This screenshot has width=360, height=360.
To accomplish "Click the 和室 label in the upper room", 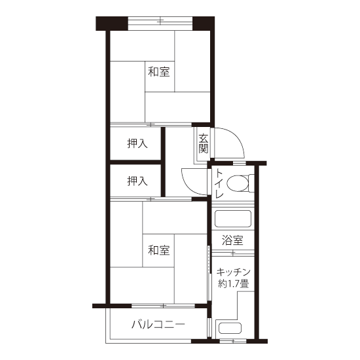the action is click(159, 71).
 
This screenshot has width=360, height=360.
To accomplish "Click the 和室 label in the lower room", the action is click(159, 250).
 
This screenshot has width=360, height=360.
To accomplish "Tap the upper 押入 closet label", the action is click(137, 144).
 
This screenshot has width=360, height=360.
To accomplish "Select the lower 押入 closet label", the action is click(137, 181).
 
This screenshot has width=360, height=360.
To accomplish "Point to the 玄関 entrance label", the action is click(204, 143).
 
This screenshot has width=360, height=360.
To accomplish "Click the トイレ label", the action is click(219, 184).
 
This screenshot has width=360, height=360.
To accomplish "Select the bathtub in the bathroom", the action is click(233, 219).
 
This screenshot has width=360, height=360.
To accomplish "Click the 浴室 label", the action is click(232, 240).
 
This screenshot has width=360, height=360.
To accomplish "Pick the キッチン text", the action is click(233, 272).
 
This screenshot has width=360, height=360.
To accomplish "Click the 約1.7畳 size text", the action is click(233, 284).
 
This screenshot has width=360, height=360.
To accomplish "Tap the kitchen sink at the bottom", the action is click(230, 329).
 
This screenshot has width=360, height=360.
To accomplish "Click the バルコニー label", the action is click(158, 325).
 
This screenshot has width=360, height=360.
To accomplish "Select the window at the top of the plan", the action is click(160, 21).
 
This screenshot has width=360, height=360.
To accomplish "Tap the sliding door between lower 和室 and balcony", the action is click(163, 306).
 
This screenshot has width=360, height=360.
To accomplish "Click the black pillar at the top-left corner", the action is click(112, 24).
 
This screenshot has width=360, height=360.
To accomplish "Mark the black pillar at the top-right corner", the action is click(204, 24).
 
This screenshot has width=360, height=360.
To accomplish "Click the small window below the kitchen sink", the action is click(233, 341).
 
